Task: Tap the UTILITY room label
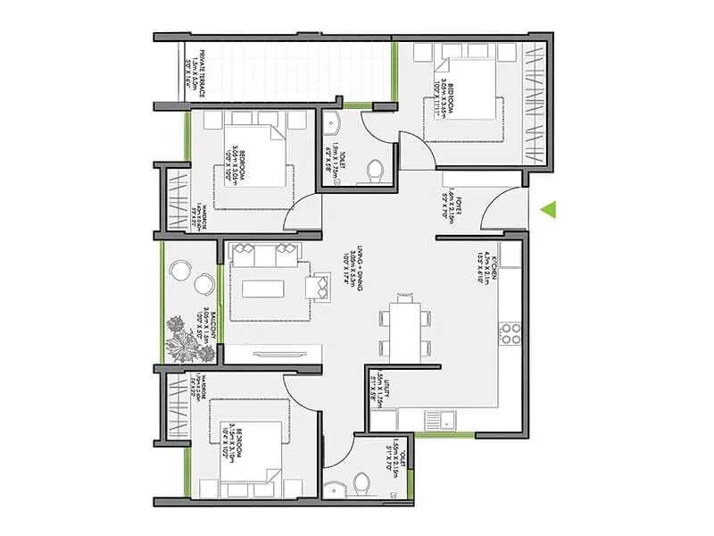[x=380, y=389]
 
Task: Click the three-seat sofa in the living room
[x=263, y=255]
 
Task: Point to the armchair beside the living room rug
[x=319, y=287]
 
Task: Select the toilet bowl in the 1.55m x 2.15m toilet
[x=362, y=483]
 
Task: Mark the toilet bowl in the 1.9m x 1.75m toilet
[x=375, y=169]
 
